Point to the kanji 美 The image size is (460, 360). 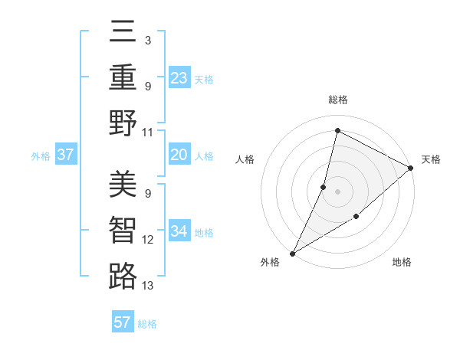[x=123, y=184]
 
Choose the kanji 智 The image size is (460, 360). [x=123, y=230]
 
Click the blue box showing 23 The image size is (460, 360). [x=179, y=77]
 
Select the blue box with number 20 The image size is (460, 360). [x=179, y=155]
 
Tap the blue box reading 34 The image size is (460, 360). [x=179, y=232]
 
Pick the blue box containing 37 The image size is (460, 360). [x=66, y=155]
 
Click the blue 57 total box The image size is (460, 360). [x=123, y=322]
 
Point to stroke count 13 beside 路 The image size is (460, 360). [x=148, y=286]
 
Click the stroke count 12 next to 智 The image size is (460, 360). [x=148, y=240]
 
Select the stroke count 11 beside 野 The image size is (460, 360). [x=148, y=132]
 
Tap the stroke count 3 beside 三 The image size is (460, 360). [x=147, y=39]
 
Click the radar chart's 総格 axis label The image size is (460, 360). [x=338, y=100]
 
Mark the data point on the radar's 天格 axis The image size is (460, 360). [x=411, y=168]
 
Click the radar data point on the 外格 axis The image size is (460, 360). [x=292, y=253]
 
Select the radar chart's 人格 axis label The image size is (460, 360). [x=245, y=159]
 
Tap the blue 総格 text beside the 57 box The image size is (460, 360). [x=148, y=324]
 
